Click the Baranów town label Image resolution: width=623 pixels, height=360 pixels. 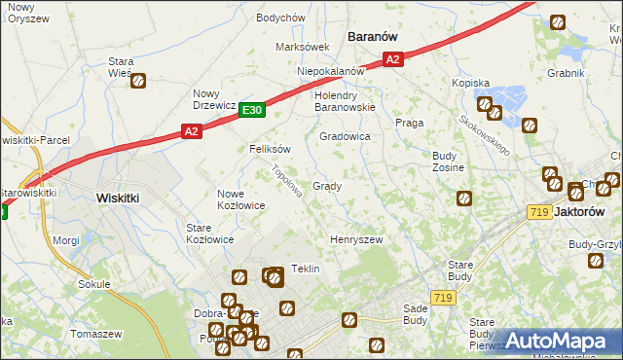[x=373, y=36]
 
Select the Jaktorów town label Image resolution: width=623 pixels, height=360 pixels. [x=591, y=210]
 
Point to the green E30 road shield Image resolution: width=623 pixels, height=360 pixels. [x=252, y=111]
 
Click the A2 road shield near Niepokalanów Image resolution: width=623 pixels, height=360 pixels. [x=391, y=60]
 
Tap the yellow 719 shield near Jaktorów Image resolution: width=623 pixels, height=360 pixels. [x=538, y=211]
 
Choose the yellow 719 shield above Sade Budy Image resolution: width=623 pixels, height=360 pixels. [x=444, y=298]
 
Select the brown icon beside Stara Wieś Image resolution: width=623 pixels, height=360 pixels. [x=138, y=83]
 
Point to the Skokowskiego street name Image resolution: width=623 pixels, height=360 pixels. [x=485, y=134]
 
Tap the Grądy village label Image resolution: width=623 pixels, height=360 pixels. [x=326, y=186]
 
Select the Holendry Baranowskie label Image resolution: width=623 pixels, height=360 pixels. [x=345, y=101]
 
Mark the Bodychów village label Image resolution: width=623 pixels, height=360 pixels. [x=280, y=18]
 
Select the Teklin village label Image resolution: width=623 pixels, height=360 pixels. [x=306, y=269]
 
